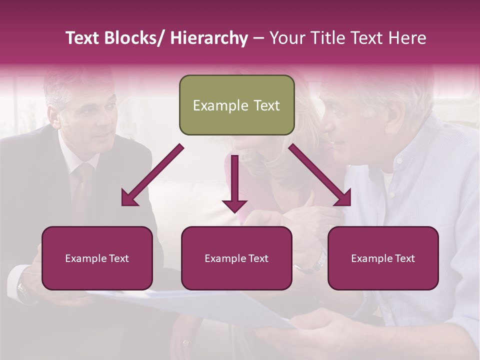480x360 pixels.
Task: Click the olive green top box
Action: [x=236, y=105]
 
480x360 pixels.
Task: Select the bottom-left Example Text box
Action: [x=97, y=258]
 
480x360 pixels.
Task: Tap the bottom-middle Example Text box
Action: [x=236, y=258]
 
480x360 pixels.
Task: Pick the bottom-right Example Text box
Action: [x=383, y=258]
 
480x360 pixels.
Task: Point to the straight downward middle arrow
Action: [x=234, y=185]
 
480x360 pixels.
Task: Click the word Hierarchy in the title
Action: [x=209, y=38]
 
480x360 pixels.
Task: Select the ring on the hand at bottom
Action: [x=186, y=343]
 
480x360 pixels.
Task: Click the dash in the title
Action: [x=258, y=38]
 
